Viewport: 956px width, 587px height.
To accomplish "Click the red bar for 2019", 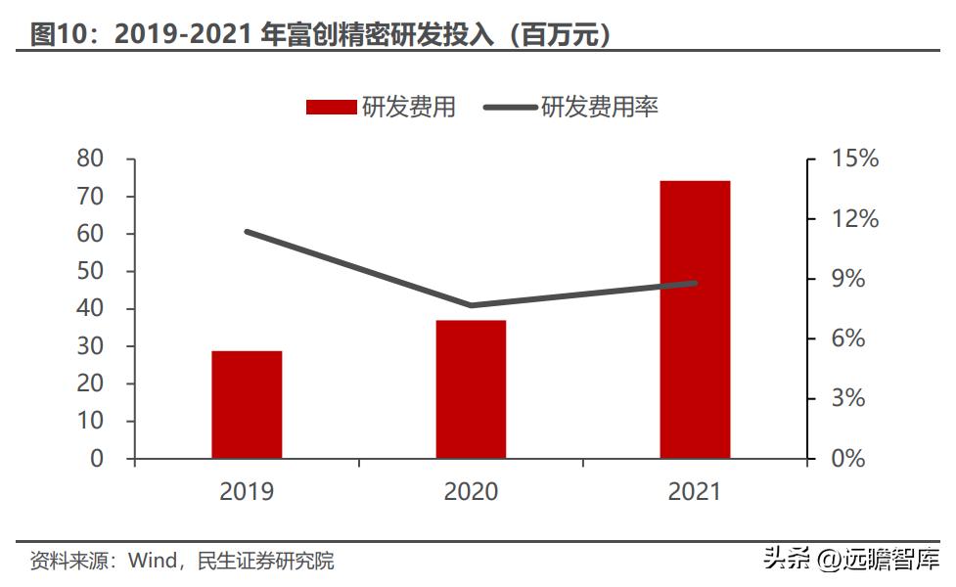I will pyautogui.click(x=247, y=404).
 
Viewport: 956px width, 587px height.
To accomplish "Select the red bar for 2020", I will pyautogui.click(x=471, y=389).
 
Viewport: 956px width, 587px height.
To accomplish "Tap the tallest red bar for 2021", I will pyautogui.click(x=695, y=319).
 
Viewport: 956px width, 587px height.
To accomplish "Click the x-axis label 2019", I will pyautogui.click(x=247, y=491).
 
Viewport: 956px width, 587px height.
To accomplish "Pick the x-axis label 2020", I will pyautogui.click(x=471, y=491).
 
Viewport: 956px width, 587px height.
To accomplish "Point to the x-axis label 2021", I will pyautogui.click(x=695, y=491).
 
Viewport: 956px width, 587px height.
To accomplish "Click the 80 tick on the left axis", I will pyautogui.click(x=90, y=158).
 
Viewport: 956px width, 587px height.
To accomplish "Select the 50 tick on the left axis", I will pyautogui.click(x=90, y=271).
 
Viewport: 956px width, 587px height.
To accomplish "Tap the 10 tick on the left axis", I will pyautogui.click(x=90, y=422).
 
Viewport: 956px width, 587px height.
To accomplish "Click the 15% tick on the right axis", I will pyautogui.click(x=854, y=158).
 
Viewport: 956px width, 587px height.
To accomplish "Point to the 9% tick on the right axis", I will pyautogui.click(x=847, y=279).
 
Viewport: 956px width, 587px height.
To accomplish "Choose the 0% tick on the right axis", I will pyautogui.click(x=847, y=459).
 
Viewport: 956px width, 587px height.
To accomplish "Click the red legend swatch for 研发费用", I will pyautogui.click(x=331, y=108).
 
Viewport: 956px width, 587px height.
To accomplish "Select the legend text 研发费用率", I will pyautogui.click(x=599, y=108).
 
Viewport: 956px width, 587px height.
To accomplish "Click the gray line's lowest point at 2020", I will pyautogui.click(x=471, y=305).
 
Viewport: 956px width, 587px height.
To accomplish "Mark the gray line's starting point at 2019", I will pyautogui.click(x=247, y=232).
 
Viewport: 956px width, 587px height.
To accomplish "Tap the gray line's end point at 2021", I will pyautogui.click(x=695, y=284).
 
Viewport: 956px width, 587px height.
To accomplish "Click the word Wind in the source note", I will pyautogui.click(x=151, y=562).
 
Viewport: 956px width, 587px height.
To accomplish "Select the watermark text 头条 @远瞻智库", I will pyautogui.click(x=850, y=560).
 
